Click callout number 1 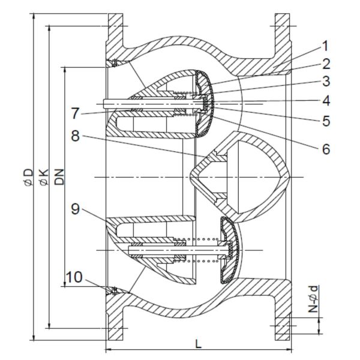point(325,46)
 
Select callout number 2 point(326,64)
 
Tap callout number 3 point(326,81)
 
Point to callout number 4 point(326,101)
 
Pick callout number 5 point(326,121)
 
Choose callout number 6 point(326,149)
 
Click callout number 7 point(76,113)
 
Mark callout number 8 point(76,136)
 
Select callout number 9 point(76,209)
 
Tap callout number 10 point(74,277)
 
